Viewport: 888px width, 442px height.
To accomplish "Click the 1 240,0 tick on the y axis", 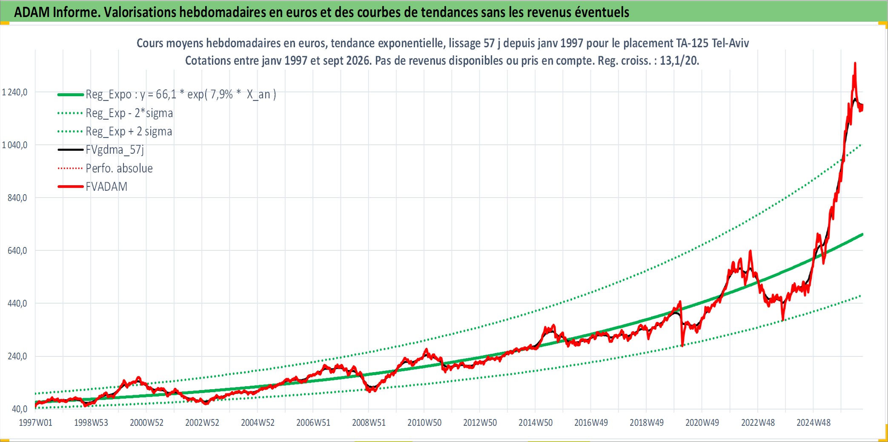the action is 15,92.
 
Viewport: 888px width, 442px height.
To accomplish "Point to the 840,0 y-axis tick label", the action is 17,198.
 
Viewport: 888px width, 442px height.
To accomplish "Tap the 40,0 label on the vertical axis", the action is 20,409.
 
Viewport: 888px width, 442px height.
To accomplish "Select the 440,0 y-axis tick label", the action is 17,304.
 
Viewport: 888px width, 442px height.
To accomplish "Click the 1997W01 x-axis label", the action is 36,423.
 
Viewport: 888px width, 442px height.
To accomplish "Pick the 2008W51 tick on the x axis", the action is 369,423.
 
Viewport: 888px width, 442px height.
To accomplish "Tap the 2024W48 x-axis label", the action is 814,423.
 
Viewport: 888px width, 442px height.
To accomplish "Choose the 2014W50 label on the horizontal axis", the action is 536,423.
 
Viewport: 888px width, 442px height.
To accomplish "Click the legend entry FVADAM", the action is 106,187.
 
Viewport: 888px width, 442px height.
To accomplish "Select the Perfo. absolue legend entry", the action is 119,169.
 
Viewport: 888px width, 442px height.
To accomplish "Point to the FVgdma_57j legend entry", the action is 115,150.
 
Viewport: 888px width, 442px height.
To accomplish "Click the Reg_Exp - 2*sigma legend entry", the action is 129,113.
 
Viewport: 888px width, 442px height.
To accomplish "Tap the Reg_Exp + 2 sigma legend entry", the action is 129,132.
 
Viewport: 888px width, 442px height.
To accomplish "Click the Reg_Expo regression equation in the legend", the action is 181,95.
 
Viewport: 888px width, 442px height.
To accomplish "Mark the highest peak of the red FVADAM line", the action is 855,63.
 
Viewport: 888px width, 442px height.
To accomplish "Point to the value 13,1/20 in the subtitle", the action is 679,61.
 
